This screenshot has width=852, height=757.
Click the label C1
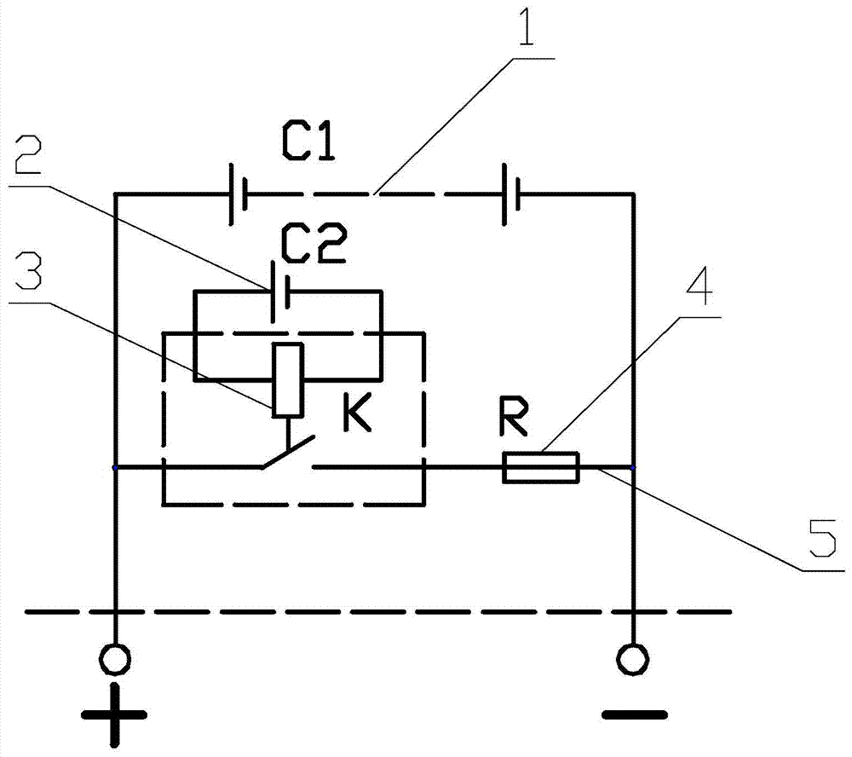coord(308,142)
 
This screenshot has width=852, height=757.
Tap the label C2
coord(313,246)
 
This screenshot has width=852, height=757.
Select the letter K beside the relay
coord(357,413)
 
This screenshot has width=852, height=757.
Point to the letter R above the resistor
coord(513,419)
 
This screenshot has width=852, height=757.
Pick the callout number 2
coord(28,154)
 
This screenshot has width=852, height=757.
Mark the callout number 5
coord(823,539)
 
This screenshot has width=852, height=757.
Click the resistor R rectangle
coord(541,467)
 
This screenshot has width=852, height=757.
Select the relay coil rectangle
coord(287,380)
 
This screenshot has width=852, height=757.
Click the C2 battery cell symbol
coord(279,292)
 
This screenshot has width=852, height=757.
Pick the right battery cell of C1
coord(511,194)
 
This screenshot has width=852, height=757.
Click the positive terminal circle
coord(115,659)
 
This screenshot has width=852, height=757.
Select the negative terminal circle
coord(632,659)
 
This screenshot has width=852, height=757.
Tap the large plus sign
coord(115,714)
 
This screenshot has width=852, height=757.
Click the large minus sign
coord(635,714)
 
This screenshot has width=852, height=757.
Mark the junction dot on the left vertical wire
coord(115,467)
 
